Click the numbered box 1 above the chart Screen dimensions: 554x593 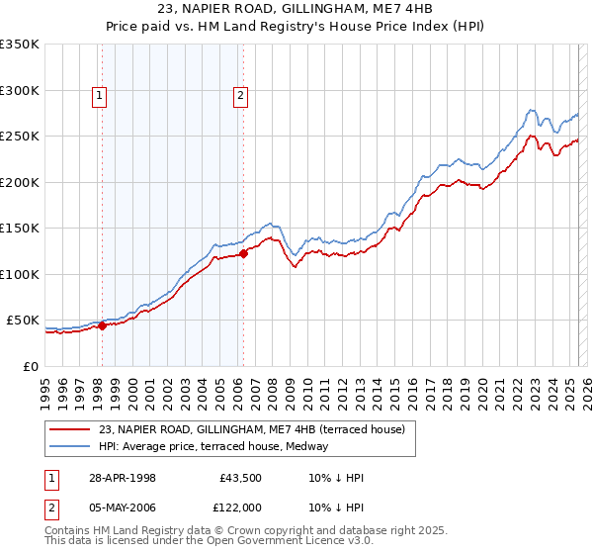tap(100, 96)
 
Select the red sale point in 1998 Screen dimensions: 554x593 tap(102, 325)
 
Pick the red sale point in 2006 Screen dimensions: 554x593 tap(243, 253)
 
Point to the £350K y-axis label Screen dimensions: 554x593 tap(20, 45)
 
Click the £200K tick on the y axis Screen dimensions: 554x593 tap(20, 182)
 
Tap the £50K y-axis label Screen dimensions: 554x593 tap(23, 321)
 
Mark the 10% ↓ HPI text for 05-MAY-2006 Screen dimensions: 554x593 tap(336, 508)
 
